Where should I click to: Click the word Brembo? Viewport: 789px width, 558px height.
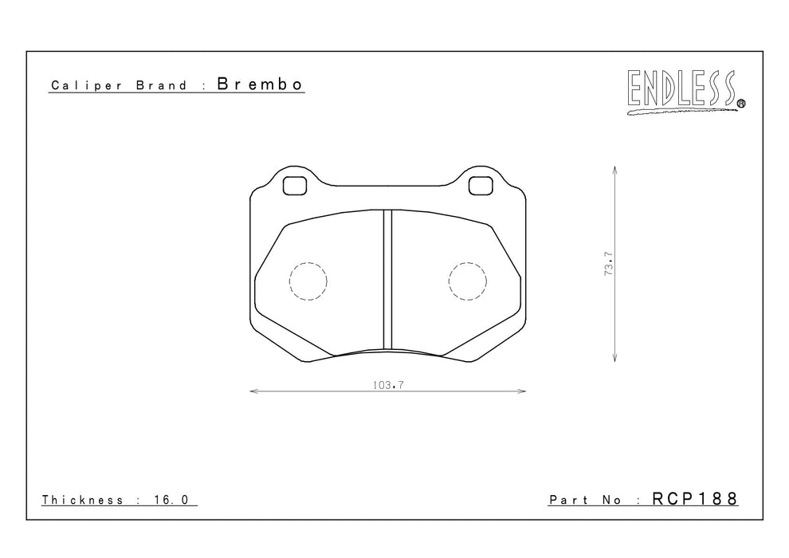(260, 84)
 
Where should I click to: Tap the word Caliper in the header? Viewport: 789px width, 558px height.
(87, 85)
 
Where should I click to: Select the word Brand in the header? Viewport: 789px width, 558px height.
(162, 85)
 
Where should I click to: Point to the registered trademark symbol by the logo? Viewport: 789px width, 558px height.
(741, 104)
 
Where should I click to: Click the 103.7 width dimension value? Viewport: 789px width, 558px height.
(388, 385)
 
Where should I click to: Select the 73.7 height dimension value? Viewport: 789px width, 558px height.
(609, 263)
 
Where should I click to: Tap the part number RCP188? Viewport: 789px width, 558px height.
(695, 498)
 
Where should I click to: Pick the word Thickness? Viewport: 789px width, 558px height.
(83, 500)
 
